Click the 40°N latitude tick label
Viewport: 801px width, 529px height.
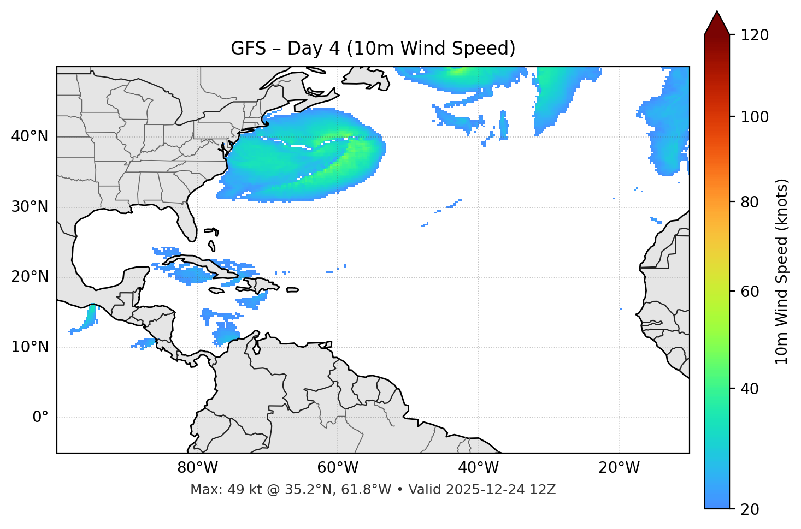pyautogui.click(x=30, y=136)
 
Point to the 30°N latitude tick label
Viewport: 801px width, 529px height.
pyautogui.click(x=30, y=207)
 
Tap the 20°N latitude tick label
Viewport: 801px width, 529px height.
pyautogui.click(x=30, y=277)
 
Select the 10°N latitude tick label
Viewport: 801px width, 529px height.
pyautogui.click(x=30, y=347)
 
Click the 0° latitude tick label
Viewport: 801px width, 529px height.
pyautogui.click(x=40, y=418)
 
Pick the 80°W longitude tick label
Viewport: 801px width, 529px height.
pyautogui.click(x=197, y=468)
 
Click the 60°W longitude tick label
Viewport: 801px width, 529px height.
pyautogui.click(x=338, y=468)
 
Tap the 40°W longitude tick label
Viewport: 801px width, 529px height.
pyautogui.click(x=478, y=468)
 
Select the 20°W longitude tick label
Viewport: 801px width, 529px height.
pyautogui.click(x=619, y=468)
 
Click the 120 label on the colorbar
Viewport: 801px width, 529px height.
pyautogui.click(x=755, y=35)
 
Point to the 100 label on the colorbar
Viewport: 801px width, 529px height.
pyautogui.click(x=755, y=117)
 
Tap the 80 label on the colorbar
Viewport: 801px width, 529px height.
pyautogui.click(x=750, y=202)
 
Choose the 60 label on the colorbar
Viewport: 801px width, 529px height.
pyautogui.click(x=750, y=292)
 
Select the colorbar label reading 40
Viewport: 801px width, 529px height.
pyautogui.click(x=750, y=389)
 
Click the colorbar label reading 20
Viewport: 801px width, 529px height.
pyautogui.click(x=750, y=509)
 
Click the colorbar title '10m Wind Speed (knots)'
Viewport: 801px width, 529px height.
pyautogui.click(x=782, y=272)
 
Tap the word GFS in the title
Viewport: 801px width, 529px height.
pyautogui.click(x=248, y=49)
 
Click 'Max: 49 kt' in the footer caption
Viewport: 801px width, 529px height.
pyautogui.click(x=217, y=490)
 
